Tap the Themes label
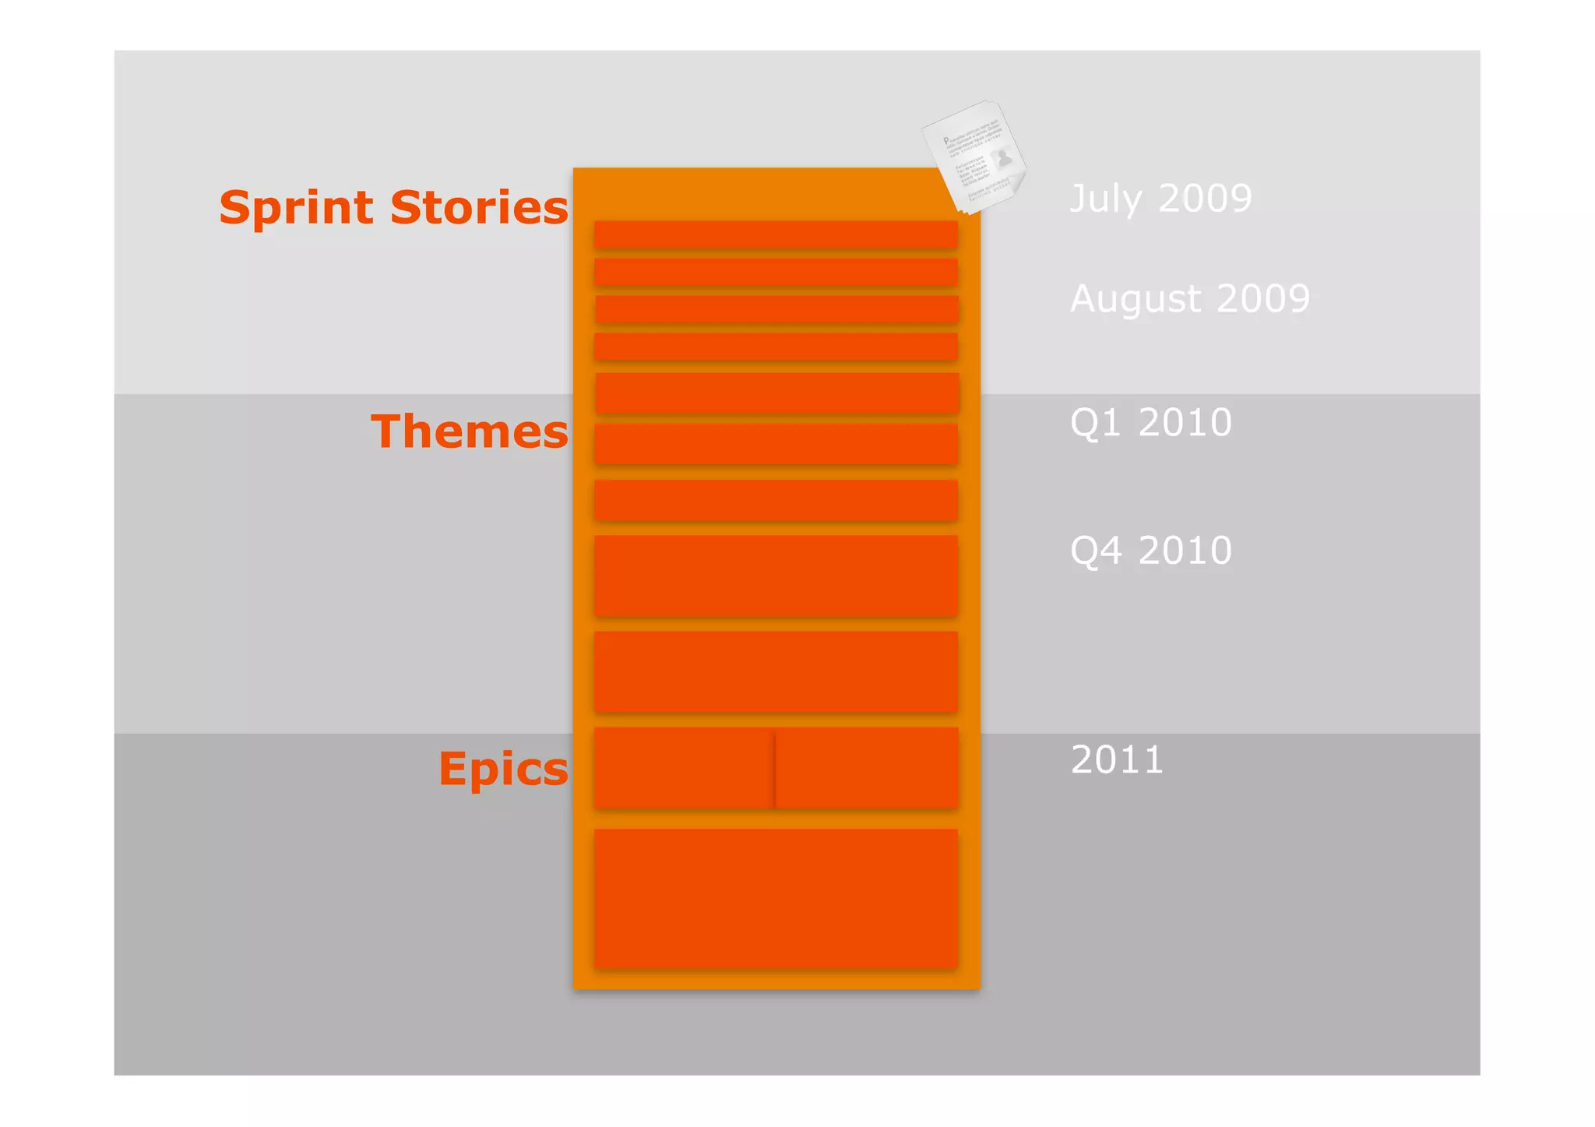[x=469, y=431]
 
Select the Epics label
[x=503, y=769]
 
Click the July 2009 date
[x=1160, y=199]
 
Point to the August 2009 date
[x=1189, y=299]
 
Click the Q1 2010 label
[x=1150, y=423]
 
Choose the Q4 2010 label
[x=1150, y=551]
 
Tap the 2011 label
[x=1117, y=760]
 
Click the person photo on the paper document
[x=1004, y=158]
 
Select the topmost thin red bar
[x=776, y=234]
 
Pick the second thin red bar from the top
[x=776, y=272]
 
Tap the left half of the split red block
[x=684, y=768]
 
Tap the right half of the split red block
[x=867, y=768]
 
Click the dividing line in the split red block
[x=775, y=768]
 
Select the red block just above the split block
[x=776, y=671]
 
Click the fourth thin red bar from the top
[x=776, y=347]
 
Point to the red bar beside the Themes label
[x=776, y=443]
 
